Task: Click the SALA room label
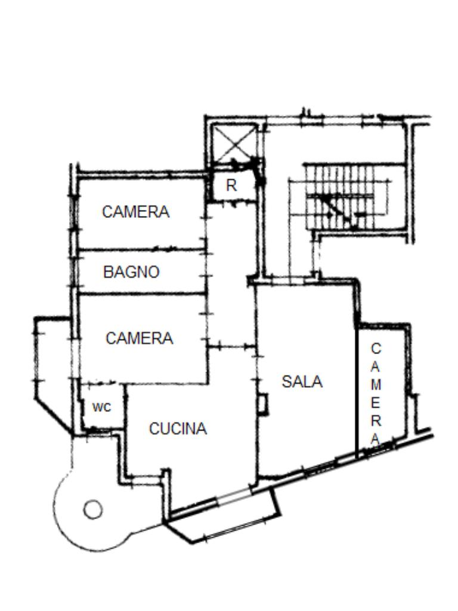[302, 381]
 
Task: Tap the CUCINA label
[178, 428]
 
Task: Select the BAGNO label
[131, 272]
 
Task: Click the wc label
[101, 407]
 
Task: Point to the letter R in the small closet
[231, 186]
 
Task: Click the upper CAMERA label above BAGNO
[135, 212]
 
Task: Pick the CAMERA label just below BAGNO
[139, 338]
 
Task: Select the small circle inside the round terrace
[92, 510]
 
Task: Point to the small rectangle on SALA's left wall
[262, 404]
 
